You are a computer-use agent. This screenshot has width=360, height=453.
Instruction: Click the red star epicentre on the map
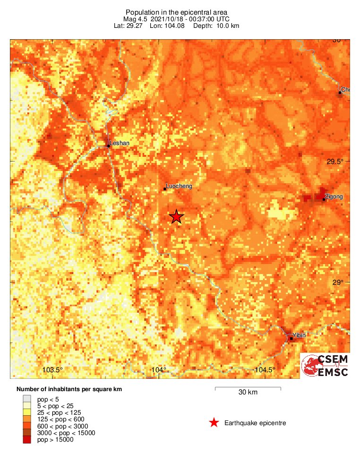pyautogui.click(x=176, y=217)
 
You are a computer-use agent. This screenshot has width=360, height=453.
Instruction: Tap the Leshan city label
pyautogui.click(x=119, y=143)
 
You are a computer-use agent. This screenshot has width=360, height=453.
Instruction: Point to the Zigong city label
pyautogui.click(x=334, y=196)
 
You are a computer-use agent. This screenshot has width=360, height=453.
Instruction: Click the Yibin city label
pyautogui.click(x=299, y=335)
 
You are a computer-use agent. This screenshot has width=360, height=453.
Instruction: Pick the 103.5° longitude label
pyautogui.click(x=53, y=370)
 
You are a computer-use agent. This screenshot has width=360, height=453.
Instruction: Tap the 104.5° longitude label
pyautogui.click(x=265, y=370)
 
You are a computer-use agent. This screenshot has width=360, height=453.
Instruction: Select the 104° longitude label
pyautogui.click(x=159, y=370)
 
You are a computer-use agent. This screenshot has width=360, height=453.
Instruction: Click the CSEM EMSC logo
pyautogui.click(x=325, y=366)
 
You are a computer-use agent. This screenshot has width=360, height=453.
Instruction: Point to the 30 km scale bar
pyautogui.click(x=248, y=388)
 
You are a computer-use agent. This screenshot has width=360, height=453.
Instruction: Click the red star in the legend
pyautogui.click(x=214, y=423)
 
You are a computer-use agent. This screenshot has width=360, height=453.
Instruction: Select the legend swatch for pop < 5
pyautogui.click(x=27, y=399)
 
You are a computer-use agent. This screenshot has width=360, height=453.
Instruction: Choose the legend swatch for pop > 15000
pyautogui.click(x=27, y=440)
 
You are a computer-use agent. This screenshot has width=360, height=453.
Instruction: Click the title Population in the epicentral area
pyautogui.click(x=176, y=12)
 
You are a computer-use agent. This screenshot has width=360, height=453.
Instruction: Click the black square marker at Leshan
pyautogui.click(x=108, y=146)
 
